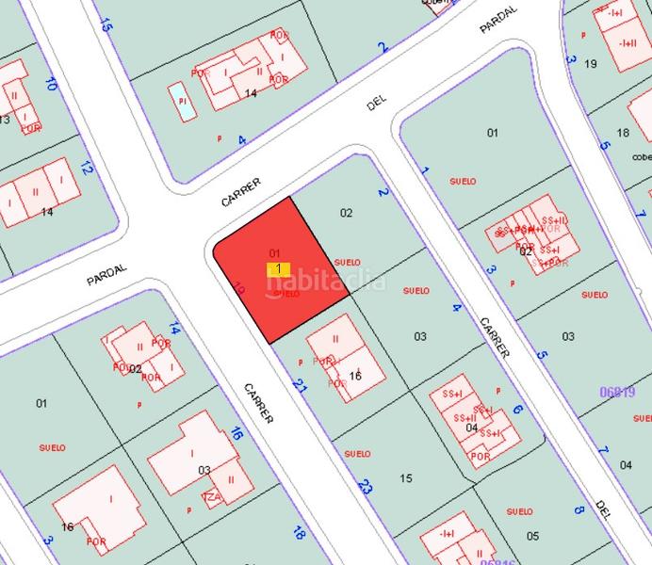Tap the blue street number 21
[301, 386]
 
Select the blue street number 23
[366, 487]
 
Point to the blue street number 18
[300, 533]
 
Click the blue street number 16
[236, 434]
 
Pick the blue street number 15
[105, 25]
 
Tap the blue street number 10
[51, 85]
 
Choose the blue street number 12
[86, 169]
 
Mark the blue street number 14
[173, 329]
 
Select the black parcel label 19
[591, 64]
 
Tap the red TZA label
[211, 495]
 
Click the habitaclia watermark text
[325, 281]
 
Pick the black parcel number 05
[532, 536]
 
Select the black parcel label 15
[406, 478]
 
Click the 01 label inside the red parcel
[275, 252]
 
